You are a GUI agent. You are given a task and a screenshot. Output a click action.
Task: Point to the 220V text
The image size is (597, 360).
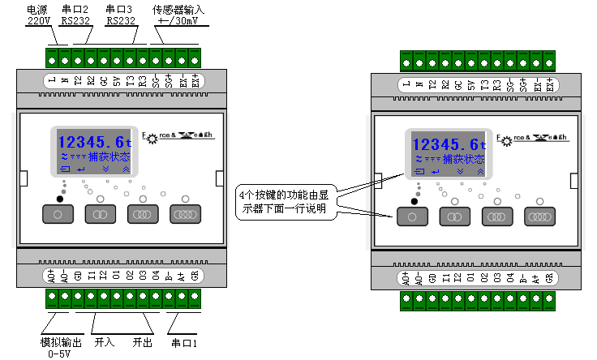pos(37,22)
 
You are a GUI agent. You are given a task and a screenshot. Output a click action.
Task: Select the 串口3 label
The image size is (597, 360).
pos(119,10)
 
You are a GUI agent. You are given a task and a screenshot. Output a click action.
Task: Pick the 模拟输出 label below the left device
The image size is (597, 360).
pos(61,342)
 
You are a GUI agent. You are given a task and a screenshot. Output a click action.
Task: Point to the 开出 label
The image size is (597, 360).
pos(143,343)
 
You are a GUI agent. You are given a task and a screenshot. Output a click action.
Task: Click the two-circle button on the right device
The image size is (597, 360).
pos(455,216)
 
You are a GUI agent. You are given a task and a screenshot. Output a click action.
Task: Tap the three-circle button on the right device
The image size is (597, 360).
pos(497,216)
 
